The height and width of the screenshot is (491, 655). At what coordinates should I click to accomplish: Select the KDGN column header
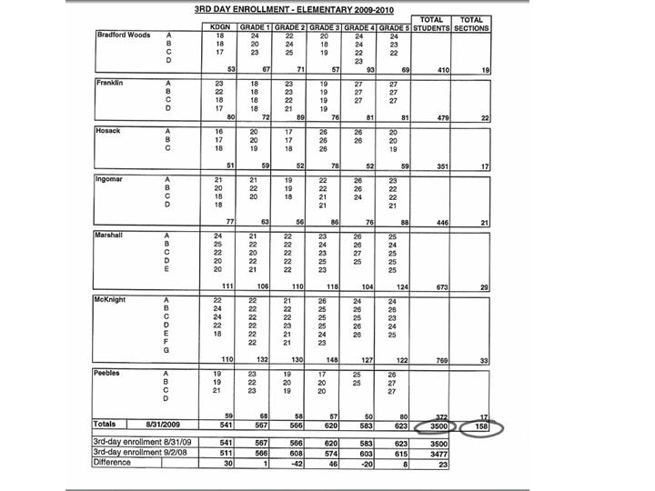(x=220, y=27)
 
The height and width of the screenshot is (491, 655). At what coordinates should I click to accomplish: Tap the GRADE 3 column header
(x=323, y=27)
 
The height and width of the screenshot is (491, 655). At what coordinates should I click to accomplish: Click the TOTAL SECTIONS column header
(x=470, y=24)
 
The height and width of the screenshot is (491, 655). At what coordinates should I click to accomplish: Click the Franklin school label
(x=109, y=83)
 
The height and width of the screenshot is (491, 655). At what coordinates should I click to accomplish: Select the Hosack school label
(x=108, y=131)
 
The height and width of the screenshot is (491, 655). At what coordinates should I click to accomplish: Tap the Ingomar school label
(x=109, y=179)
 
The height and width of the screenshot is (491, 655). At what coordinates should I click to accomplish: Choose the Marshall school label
(x=110, y=235)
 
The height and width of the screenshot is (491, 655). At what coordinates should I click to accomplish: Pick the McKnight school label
(x=111, y=299)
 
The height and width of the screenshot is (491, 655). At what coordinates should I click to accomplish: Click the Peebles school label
(x=108, y=373)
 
